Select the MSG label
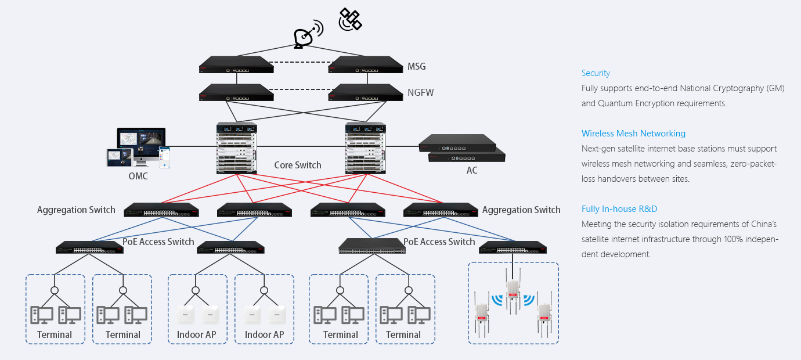pyautogui.click(x=417, y=66)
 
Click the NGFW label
pyautogui.click(x=420, y=92)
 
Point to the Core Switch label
pyautogui.click(x=298, y=165)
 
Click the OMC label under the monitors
pyautogui.click(x=138, y=176)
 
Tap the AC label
pyautogui.click(x=472, y=171)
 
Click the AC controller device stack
pyautogui.click(x=462, y=148)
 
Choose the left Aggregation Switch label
pyautogui.click(x=76, y=210)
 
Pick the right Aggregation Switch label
pyautogui.click(x=521, y=210)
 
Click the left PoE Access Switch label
pyautogui.click(x=158, y=242)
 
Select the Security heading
pyautogui.click(x=596, y=73)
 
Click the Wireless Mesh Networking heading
pyautogui.click(x=633, y=134)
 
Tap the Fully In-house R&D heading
pyautogui.click(x=619, y=209)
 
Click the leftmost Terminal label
pyautogui.click(x=55, y=334)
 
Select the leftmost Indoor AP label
pyautogui.click(x=197, y=334)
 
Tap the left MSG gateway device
pyautogui.click(x=236, y=64)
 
